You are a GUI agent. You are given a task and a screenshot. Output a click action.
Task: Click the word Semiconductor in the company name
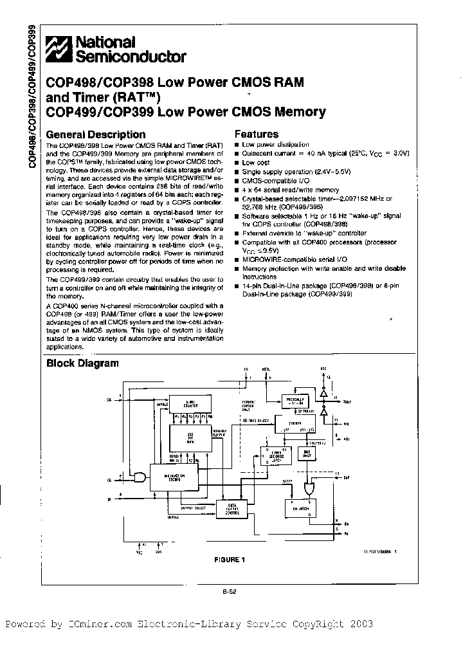tap(132, 57)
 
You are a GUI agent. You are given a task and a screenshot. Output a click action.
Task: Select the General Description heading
tap(96, 134)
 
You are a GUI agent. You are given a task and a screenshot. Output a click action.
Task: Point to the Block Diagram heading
tap(82, 363)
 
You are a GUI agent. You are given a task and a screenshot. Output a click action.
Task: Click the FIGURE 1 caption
tap(230, 559)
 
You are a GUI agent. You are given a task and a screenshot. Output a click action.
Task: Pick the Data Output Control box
tap(231, 508)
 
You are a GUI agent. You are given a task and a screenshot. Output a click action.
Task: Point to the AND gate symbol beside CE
tap(140, 476)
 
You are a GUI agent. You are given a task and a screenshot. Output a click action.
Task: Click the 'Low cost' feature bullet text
tap(255, 163)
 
